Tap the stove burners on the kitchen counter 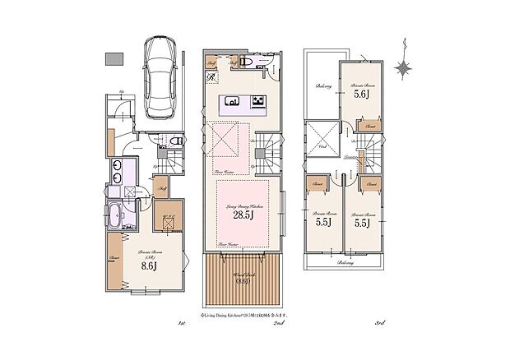257,103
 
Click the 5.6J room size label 361,95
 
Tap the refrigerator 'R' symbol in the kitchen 211,78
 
